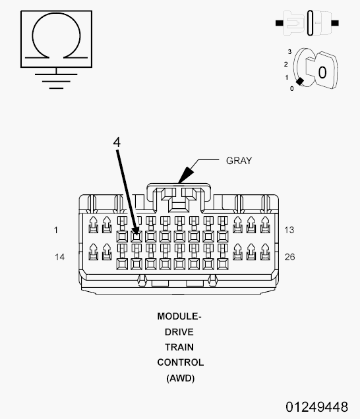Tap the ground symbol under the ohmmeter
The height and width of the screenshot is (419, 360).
[x=56, y=78]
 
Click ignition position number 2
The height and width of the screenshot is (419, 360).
[x=285, y=64]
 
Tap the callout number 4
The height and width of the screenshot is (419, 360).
[x=116, y=142]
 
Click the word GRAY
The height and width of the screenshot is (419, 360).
[x=239, y=160]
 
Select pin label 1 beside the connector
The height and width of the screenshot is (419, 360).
[x=56, y=230]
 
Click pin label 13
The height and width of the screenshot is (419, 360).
[x=289, y=230]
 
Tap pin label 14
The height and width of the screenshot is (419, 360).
[x=59, y=257]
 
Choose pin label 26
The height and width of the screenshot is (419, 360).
[x=289, y=257]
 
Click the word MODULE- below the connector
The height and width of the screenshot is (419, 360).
[x=179, y=316]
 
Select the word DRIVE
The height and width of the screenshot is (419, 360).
[x=179, y=332]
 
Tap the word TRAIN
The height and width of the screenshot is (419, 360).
[x=179, y=347]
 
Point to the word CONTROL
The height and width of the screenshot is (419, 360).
[x=180, y=362]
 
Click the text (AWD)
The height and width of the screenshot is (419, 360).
[x=180, y=378]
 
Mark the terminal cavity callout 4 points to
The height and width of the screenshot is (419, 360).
[x=136, y=235]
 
